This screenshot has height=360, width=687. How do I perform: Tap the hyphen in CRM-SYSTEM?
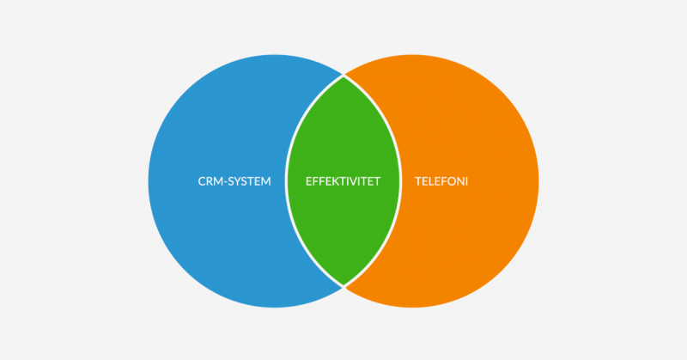tap(225, 182)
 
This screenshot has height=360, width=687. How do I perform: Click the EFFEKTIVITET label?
tap(343, 181)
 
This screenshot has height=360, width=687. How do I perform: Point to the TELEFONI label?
tap(441, 181)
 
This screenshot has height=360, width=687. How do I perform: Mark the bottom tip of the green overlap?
tap(343, 285)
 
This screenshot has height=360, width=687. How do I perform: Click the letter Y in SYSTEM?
tap(240, 181)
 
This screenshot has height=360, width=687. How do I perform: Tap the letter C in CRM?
tap(202, 181)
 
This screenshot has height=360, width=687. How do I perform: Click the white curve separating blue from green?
tap(286, 181)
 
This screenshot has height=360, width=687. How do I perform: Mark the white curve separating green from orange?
tap(401, 181)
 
